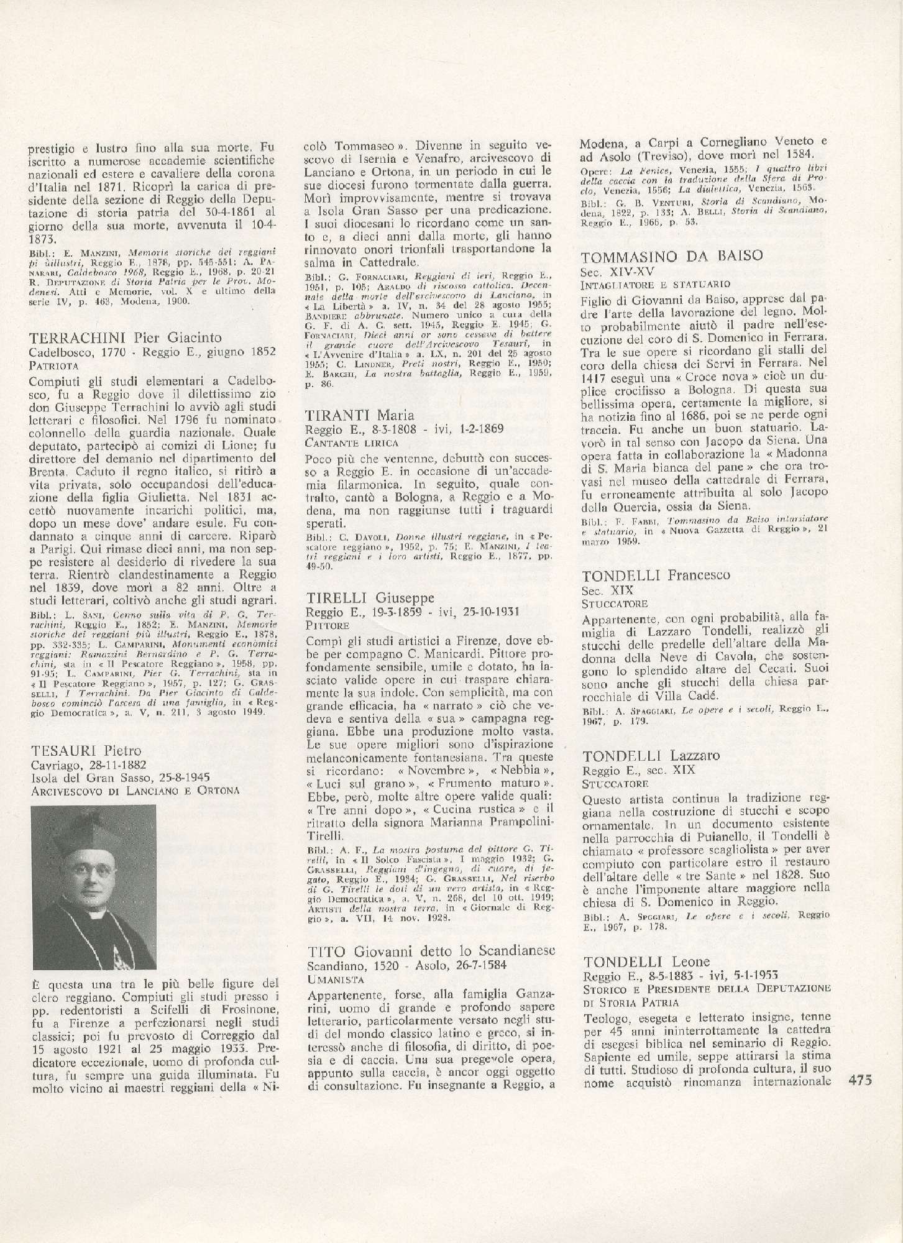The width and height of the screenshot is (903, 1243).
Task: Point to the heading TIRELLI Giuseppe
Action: pos(369,598)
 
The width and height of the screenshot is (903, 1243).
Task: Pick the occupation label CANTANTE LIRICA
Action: pos(352,443)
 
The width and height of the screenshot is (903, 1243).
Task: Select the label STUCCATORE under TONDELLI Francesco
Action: pos(614,603)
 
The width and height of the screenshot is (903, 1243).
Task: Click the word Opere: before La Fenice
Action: pos(595,170)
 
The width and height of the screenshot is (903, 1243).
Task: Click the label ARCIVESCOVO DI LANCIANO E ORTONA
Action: pos(134,791)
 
